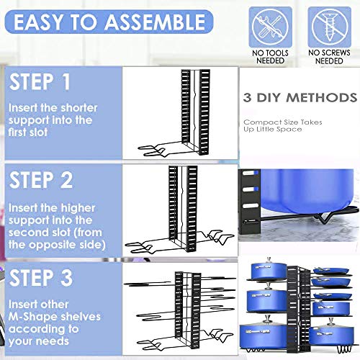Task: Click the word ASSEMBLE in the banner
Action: pos(156,22)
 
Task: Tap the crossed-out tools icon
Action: pos(271,27)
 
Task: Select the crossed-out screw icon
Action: pos(329,27)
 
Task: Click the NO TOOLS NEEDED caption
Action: pos(271,57)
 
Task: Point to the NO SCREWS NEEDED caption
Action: pos(329,57)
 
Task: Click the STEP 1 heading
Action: pos(40,82)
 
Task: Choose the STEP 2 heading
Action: pos(41,180)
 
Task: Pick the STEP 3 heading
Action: pos(41,278)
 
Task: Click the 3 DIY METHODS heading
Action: pos(300,98)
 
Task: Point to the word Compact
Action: pos(260,122)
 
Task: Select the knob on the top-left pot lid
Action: pos(269,260)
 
